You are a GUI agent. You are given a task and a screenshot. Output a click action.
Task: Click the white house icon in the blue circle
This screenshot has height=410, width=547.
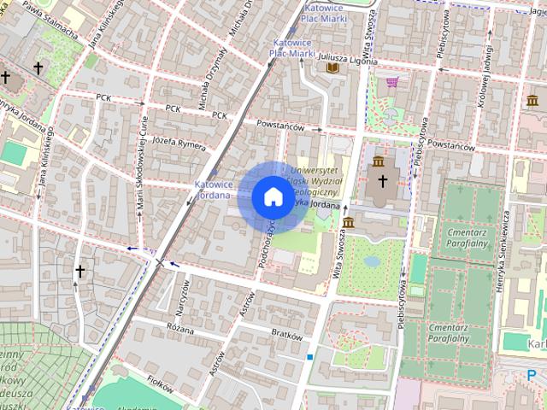coord(273,197)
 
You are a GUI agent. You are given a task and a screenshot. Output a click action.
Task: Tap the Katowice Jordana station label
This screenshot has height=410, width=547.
coord(214,189)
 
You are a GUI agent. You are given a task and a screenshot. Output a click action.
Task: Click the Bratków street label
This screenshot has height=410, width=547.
coord(286,335)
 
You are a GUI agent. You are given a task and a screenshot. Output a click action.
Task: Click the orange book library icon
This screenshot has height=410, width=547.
coord(332,67)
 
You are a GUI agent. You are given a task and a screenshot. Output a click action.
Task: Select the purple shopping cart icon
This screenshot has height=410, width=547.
coord(392,83)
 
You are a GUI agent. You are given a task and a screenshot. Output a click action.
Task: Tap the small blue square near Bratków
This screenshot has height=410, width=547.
coord(310,357)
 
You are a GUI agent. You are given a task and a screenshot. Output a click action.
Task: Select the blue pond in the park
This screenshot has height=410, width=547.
coord(372,261)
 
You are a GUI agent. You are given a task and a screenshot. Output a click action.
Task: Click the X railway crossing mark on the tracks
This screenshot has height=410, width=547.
coord(160,261)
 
